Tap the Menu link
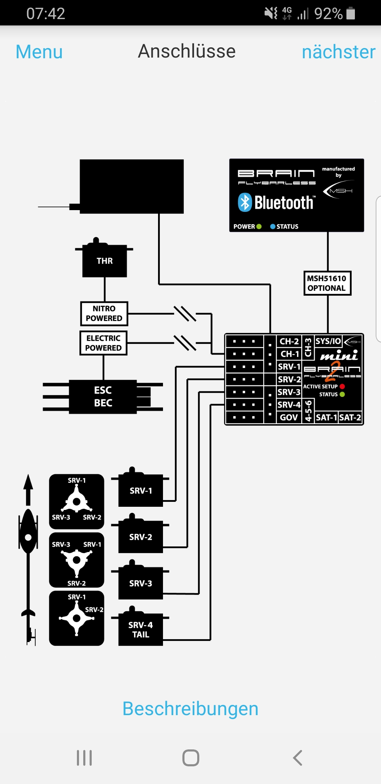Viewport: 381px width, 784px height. (x=39, y=52)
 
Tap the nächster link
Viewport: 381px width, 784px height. (x=338, y=52)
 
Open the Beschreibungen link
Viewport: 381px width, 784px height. (x=190, y=708)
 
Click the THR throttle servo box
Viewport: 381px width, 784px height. (x=104, y=261)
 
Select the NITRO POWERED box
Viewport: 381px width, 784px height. (x=104, y=314)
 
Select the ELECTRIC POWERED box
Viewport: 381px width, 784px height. (x=103, y=343)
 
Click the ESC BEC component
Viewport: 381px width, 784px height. (x=103, y=397)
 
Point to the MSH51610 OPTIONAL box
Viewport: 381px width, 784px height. (x=327, y=283)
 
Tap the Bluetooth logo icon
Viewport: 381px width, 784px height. (x=245, y=202)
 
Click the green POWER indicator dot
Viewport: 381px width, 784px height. (x=259, y=226)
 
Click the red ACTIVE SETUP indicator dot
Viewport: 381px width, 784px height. (x=342, y=386)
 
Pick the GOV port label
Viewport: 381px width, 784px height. (x=289, y=417)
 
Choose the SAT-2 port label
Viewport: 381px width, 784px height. (x=350, y=417)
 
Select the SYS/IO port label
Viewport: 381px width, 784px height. (x=328, y=341)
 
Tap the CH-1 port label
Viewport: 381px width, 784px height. (x=290, y=354)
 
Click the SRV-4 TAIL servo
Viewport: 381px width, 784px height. (x=140, y=630)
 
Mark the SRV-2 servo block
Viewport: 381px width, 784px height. (x=140, y=537)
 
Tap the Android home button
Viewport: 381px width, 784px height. (x=191, y=758)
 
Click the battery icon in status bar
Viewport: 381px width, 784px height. (x=351, y=13)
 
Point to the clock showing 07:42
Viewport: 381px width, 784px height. (x=46, y=13)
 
